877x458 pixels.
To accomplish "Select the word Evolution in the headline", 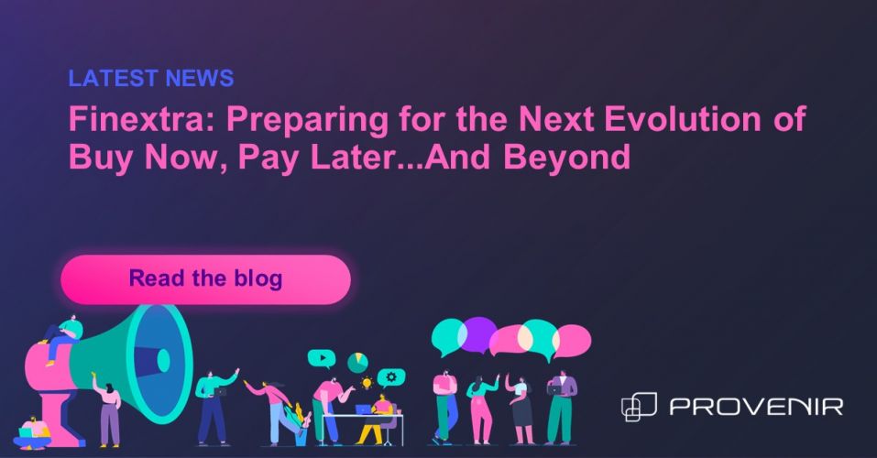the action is pyautogui.click(x=683, y=119).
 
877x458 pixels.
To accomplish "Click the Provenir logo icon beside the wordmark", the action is pyautogui.click(x=639, y=407).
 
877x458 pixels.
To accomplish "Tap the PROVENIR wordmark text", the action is pyautogui.click(x=756, y=407).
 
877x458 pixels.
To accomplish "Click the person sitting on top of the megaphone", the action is pyautogui.click(x=62, y=337).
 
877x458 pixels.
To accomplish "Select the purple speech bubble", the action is pyautogui.click(x=478, y=334).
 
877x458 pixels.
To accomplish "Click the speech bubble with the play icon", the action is pyautogui.click(x=322, y=358).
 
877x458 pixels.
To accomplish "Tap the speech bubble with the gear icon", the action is pyautogui.click(x=391, y=378).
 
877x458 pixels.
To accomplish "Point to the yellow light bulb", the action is pyautogui.click(x=367, y=383).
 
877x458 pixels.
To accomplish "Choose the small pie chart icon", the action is pyautogui.click(x=357, y=363).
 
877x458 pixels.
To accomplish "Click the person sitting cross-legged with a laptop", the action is pyautogui.click(x=32, y=433).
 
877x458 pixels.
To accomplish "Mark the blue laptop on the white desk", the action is pyautogui.click(x=363, y=409).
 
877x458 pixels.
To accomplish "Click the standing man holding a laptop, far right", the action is pyautogui.click(x=561, y=408).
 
